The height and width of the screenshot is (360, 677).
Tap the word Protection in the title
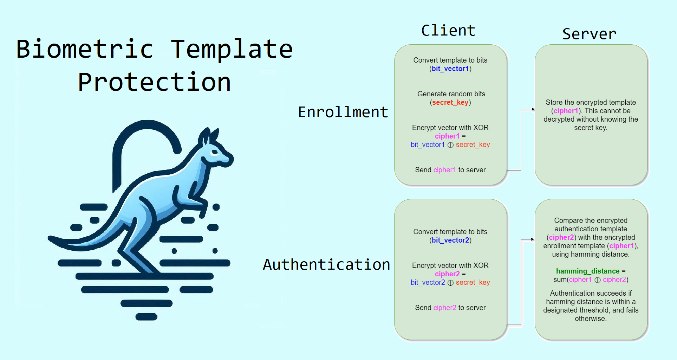(154, 82)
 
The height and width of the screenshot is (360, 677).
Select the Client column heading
(448, 31)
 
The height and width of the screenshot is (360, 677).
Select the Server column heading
(589, 34)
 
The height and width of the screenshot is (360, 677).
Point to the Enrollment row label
(343, 112)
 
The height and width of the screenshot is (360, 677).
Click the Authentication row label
(326, 264)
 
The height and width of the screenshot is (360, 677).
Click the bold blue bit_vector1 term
(450, 69)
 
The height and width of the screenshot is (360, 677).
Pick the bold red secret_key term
(450, 103)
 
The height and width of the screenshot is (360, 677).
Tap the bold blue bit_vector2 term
(450, 240)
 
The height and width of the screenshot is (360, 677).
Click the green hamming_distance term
(588, 271)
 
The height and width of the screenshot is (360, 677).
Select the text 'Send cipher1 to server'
(450, 170)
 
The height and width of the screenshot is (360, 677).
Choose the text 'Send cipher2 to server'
(450, 308)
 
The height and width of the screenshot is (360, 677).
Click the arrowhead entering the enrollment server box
(533, 109)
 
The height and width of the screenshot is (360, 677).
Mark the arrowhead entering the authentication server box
(533, 239)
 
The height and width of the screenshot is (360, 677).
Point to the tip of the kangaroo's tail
(49, 238)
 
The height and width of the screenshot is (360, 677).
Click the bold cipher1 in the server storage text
(566, 111)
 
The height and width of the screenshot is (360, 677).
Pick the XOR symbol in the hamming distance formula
(597, 280)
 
